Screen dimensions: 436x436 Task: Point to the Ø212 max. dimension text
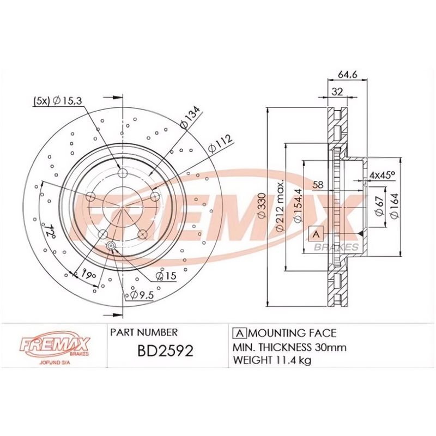pos(280,207)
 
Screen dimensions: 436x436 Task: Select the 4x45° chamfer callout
pos(382,175)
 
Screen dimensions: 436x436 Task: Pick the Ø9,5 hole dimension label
pos(140,295)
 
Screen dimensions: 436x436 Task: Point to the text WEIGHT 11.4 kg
pos(272,360)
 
